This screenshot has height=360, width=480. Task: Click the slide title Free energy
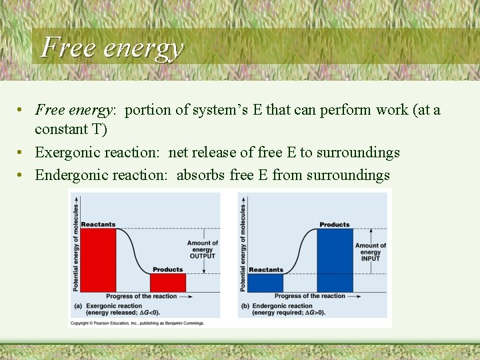tap(111, 47)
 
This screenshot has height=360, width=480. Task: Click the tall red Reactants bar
tap(98, 260)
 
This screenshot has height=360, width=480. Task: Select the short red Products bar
tap(168, 282)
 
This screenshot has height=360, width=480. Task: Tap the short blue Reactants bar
tap(266, 282)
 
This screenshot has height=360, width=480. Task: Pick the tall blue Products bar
tap(335, 260)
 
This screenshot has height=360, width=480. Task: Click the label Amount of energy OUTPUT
tap(203, 249)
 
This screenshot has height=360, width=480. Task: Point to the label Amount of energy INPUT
tap(370, 252)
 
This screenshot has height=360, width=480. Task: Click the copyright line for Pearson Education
tap(137, 323)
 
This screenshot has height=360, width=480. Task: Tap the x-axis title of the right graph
tap(310, 296)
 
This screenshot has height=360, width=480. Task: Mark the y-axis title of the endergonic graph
tap(243, 247)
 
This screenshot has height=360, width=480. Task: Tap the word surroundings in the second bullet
tap(358, 153)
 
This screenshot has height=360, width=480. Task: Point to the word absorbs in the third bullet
tap(201, 175)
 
